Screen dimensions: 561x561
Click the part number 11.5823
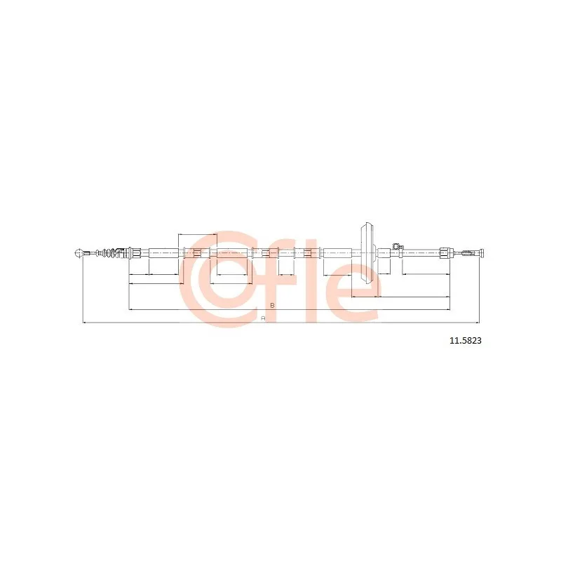[x=465, y=340]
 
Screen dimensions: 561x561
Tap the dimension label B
[x=272, y=305]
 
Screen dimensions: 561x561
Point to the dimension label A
[x=263, y=318]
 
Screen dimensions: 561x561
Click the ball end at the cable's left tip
[x=79, y=253]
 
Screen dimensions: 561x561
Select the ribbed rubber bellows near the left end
[x=110, y=253]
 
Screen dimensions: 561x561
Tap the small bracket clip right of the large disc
[x=396, y=247]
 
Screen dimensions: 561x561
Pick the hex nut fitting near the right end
[x=445, y=253]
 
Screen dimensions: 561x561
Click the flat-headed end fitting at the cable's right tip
[x=482, y=253]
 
